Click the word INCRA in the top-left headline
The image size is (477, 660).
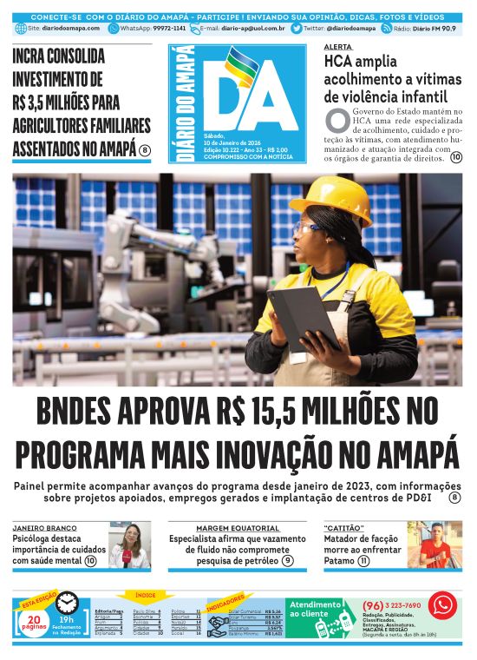point(36,57)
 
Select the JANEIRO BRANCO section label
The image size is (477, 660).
point(42,528)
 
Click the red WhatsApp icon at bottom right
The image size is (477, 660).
point(442,604)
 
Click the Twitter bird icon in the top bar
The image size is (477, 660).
point(297,29)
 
